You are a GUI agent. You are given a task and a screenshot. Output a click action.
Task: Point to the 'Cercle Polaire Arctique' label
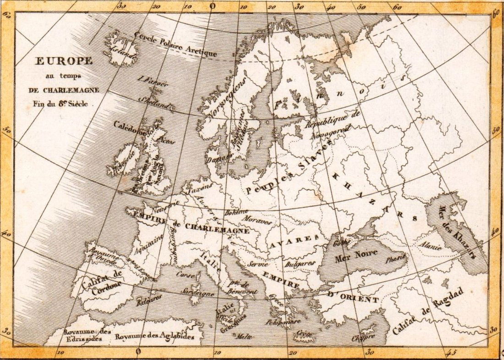coord(175,45)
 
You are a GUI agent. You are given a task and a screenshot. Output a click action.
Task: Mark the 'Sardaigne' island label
coord(198,293)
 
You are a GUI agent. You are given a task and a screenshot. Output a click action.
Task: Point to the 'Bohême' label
coord(236,212)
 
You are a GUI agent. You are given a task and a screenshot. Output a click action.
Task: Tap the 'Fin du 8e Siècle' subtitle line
coord(60,104)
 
